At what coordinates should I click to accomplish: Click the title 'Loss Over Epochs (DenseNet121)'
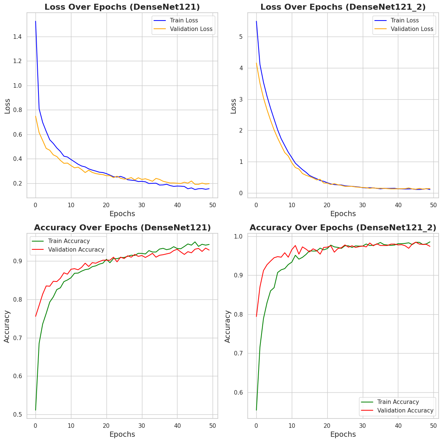pos(122,7)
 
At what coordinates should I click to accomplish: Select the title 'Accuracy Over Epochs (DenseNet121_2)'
pos(343,228)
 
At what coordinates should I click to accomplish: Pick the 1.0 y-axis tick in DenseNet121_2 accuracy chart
pos(238,236)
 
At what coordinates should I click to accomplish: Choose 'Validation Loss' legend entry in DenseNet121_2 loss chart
pos(412,29)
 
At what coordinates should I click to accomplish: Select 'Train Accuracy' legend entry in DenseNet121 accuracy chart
pos(69,241)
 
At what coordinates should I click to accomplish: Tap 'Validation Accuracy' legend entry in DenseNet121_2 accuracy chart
pos(405,411)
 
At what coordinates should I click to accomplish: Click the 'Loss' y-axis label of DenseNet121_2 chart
pos(234,106)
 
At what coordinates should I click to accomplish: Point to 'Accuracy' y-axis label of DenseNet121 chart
pos(7,327)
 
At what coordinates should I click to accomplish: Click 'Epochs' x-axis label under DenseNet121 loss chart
pos(122,214)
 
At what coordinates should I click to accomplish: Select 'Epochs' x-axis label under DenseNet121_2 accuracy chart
pos(343,435)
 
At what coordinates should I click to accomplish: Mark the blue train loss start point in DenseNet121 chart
pos(35,21)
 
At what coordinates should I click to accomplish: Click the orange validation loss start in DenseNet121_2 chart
pos(256,63)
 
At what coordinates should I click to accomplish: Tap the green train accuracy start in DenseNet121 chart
pos(35,410)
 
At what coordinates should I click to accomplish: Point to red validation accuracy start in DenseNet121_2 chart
pos(256,316)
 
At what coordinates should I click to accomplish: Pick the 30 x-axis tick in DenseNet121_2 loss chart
pos(362,205)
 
